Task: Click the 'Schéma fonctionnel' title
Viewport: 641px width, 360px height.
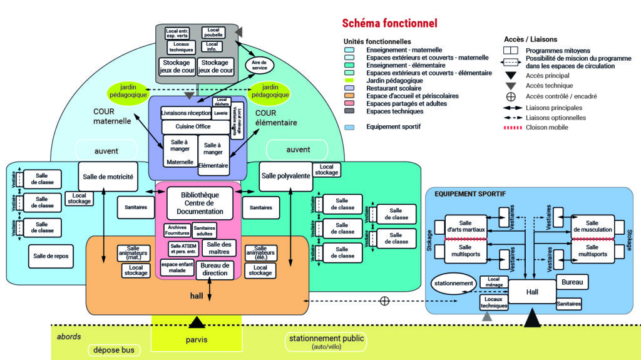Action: (389, 23)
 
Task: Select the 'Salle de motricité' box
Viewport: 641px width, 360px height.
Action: (108, 177)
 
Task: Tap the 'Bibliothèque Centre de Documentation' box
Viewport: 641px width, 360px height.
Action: (200, 203)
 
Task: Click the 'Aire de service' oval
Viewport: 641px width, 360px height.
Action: (259, 66)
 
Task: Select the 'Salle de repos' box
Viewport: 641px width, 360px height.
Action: (51, 255)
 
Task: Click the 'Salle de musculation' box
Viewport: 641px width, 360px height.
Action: (592, 227)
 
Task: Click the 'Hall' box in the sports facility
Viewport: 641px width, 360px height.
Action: (531, 292)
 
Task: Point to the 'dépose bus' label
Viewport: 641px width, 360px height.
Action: (115, 350)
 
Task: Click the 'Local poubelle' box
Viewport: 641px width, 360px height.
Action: (213, 32)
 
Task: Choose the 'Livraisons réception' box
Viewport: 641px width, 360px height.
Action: (186, 113)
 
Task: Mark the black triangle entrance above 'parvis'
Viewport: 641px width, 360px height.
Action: (197, 322)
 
